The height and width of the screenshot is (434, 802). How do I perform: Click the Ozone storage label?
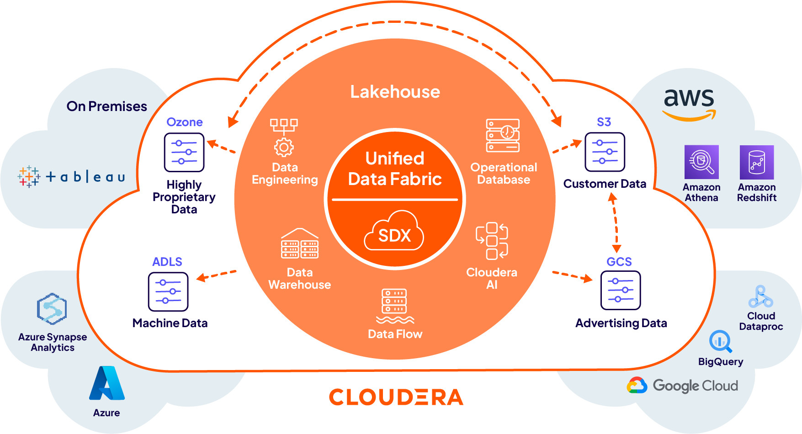pyautogui.click(x=184, y=122)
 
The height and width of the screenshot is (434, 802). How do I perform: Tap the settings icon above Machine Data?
pyautogui.click(x=168, y=291)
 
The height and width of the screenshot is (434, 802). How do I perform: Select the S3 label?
pyautogui.click(x=604, y=122)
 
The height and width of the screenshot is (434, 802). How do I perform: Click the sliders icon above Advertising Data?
pyautogui.click(x=621, y=291)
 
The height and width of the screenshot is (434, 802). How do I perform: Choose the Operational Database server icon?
pyautogui.click(x=503, y=136)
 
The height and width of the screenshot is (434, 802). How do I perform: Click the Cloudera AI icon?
pyautogui.click(x=492, y=241)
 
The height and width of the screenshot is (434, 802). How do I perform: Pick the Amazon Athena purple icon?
pyautogui.click(x=701, y=162)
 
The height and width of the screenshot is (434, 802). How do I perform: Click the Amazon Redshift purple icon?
pyautogui.click(x=757, y=162)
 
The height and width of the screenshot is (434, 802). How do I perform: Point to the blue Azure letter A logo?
pyautogui.click(x=107, y=383)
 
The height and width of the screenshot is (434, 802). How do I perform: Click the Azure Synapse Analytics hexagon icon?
pyautogui.click(x=52, y=309)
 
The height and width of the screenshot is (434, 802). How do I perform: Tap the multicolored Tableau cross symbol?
pyautogui.click(x=29, y=177)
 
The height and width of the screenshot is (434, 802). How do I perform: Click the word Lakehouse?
pyautogui.click(x=395, y=92)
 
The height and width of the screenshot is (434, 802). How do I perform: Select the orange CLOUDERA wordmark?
pyautogui.click(x=396, y=397)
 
